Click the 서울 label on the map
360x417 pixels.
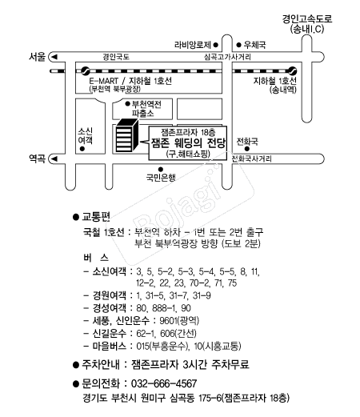click(x=37, y=57)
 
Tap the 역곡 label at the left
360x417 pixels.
click(x=37, y=158)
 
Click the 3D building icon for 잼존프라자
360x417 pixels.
click(x=127, y=135)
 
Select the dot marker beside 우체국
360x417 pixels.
click(x=238, y=45)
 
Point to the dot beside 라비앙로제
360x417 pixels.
click(x=216, y=45)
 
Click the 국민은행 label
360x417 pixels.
click(x=161, y=178)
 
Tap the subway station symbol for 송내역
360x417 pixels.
click(x=293, y=71)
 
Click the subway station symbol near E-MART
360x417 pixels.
click(x=86, y=71)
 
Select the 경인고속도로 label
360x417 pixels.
click(x=307, y=19)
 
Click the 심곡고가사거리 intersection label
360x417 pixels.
click(x=227, y=57)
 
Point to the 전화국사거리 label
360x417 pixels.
click(x=251, y=159)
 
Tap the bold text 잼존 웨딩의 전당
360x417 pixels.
click(x=189, y=143)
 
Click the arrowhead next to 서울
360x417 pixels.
click(x=54, y=57)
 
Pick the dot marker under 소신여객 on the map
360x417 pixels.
click(x=82, y=149)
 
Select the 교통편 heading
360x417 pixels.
click(x=96, y=217)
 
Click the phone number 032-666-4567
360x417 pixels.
click(x=164, y=383)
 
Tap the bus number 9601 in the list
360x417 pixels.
click(x=168, y=320)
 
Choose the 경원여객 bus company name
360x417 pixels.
click(x=110, y=295)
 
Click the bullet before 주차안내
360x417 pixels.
click(x=76, y=365)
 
